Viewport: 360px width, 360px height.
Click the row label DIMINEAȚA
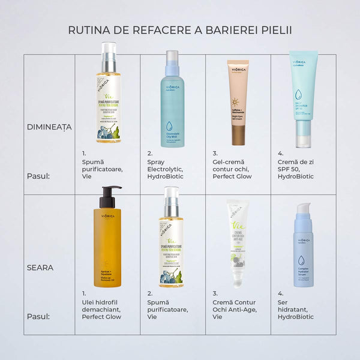49,127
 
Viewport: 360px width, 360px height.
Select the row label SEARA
41,268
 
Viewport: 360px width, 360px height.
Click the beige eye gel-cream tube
238,102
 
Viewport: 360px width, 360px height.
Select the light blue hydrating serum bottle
303,246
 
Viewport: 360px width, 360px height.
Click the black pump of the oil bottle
107,196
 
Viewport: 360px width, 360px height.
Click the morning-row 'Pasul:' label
38,176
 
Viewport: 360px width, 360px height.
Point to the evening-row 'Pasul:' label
38,316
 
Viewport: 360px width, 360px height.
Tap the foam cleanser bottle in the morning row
108,96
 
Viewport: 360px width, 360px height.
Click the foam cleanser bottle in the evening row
172,240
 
